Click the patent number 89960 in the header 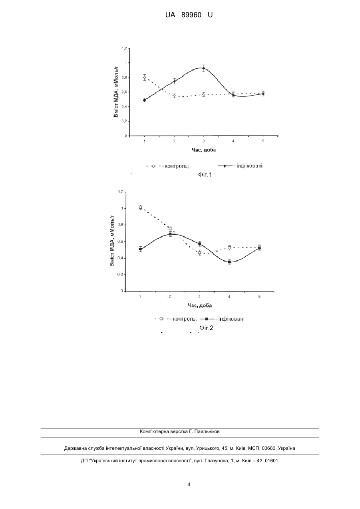[191, 15]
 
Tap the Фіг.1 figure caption [205, 174]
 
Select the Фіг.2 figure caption [206, 327]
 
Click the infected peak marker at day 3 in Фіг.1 [203, 68]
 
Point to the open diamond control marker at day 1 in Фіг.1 [145, 78]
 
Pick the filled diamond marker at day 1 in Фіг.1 [145, 100]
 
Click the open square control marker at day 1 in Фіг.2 [141, 207]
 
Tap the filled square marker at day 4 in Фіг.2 [229, 262]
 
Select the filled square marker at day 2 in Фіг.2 [170, 234]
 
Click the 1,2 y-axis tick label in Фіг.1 [124, 48]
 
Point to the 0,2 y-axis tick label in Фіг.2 [120, 275]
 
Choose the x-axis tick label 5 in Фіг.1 [263, 141]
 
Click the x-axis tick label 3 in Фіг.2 [199, 296]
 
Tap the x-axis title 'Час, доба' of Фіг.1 [204, 150]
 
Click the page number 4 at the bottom [189, 485]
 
